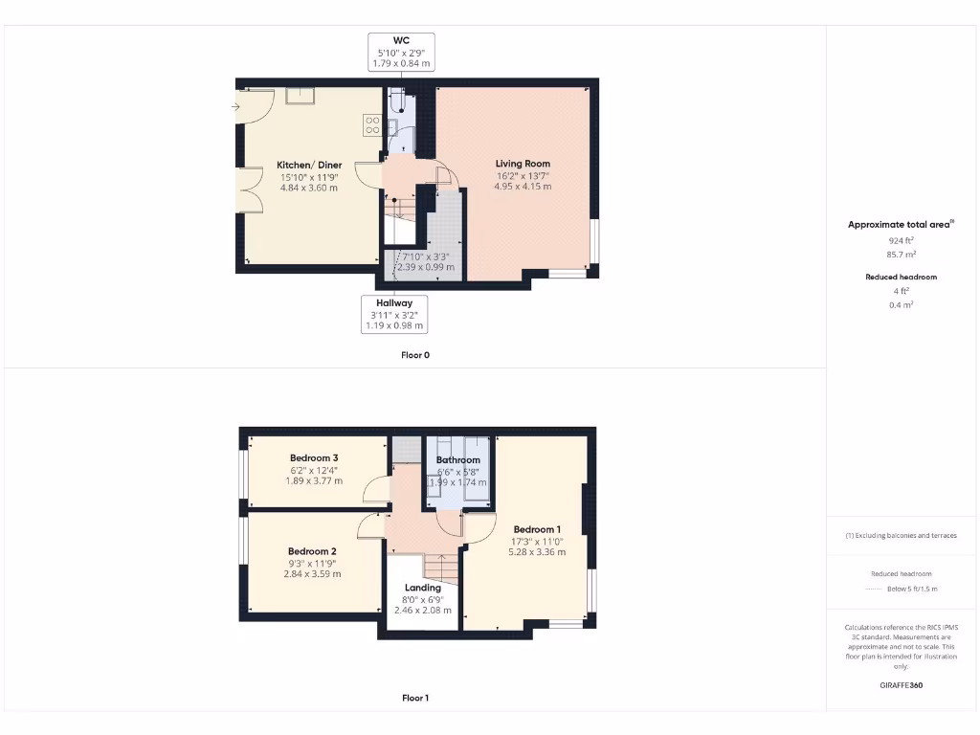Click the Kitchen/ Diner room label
(309, 165)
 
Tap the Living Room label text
(523, 164)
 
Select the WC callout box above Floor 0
(401, 52)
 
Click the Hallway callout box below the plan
(394, 314)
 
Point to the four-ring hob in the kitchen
(371, 124)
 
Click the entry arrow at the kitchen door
(235, 106)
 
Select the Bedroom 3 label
(315, 458)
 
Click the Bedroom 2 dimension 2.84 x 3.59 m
(313, 574)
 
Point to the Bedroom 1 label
(537, 529)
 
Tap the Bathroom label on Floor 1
(457, 460)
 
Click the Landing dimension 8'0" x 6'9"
(422, 600)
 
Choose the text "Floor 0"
(415, 355)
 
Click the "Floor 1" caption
(415, 698)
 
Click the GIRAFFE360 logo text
(902, 685)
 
